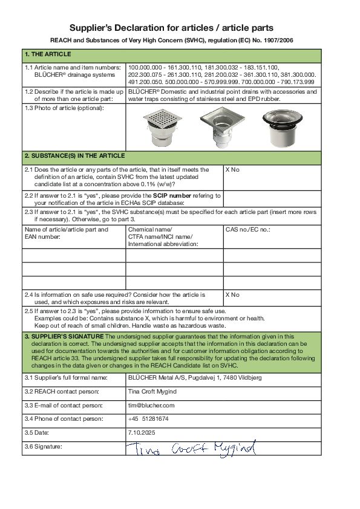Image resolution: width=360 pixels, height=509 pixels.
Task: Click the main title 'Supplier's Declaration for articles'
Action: [x=171, y=28]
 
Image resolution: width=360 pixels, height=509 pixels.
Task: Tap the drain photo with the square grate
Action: [x=162, y=128]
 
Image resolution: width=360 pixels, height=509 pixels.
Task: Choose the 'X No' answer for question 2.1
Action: [x=232, y=170]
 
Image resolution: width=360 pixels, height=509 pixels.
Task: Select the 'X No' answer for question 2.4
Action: [x=232, y=295]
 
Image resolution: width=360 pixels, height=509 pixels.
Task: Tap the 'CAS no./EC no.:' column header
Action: [x=247, y=230]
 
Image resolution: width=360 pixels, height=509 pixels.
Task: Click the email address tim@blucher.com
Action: [x=151, y=405]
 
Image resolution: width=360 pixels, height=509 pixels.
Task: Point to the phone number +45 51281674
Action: [x=148, y=419]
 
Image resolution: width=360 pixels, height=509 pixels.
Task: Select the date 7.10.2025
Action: [x=142, y=433]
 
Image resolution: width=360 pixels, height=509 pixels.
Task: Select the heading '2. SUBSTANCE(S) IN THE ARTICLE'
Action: [x=74, y=156]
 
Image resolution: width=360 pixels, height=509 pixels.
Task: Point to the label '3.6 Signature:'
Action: [x=44, y=447]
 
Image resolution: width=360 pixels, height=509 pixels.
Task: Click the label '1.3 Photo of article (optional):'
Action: [x=64, y=108]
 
